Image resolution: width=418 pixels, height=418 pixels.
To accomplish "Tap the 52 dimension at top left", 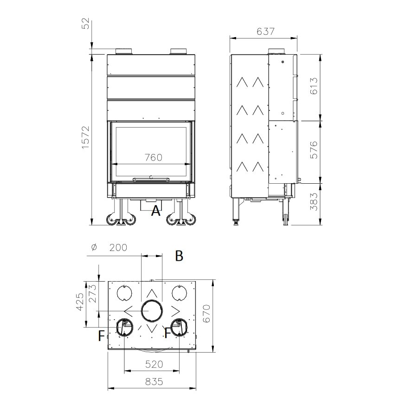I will [x=85, y=24].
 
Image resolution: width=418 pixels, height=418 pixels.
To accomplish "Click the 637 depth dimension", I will [x=265, y=32].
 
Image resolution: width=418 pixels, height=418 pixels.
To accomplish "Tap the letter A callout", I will [x=156, y=212].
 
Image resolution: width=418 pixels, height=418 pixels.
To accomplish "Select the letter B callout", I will [x=179, y=256].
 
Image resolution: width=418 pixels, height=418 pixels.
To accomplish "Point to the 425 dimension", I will [x=79, y=302].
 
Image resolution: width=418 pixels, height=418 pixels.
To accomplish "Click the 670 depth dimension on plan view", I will [x=207, y=314].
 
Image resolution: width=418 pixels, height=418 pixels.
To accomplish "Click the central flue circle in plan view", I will [x=152, y=311].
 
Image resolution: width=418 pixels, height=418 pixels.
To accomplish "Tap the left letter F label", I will [x=101, y=336].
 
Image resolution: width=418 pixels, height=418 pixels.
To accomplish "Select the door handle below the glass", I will [x=151, y=178].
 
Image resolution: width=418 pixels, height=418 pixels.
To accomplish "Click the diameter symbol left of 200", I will [x=94, y=248].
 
